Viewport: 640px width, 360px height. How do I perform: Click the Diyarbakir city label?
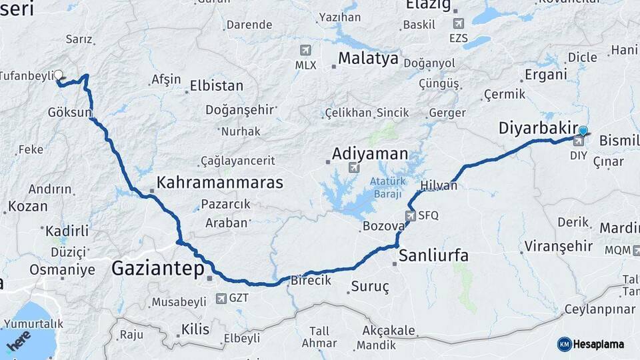[539, 128]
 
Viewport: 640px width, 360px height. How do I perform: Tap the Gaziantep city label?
[157, 269]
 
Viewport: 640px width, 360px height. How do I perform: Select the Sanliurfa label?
[433, 255]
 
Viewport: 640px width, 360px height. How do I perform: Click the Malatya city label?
[368, 59]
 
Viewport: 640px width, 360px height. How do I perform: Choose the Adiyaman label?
[370, 154]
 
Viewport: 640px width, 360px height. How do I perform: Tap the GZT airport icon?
[222, 298]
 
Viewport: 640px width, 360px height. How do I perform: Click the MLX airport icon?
[305, 50]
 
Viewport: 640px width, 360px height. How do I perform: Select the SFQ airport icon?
[411, 215]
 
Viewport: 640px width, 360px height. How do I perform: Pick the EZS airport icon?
[458, 23]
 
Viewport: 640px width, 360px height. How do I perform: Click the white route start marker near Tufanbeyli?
[58, 75]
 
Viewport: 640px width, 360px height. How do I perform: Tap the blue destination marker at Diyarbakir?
[583, 131]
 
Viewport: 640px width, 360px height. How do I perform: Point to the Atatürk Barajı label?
[386, 187]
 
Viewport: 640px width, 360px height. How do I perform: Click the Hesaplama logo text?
[599, 344]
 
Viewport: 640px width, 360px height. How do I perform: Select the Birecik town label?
[311, 281]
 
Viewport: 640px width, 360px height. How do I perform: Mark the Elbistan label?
[217, 86]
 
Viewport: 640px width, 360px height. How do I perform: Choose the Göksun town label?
[69, 113]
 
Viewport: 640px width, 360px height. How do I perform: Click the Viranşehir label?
[558, 247]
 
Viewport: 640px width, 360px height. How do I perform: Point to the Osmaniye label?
[62, 270]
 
